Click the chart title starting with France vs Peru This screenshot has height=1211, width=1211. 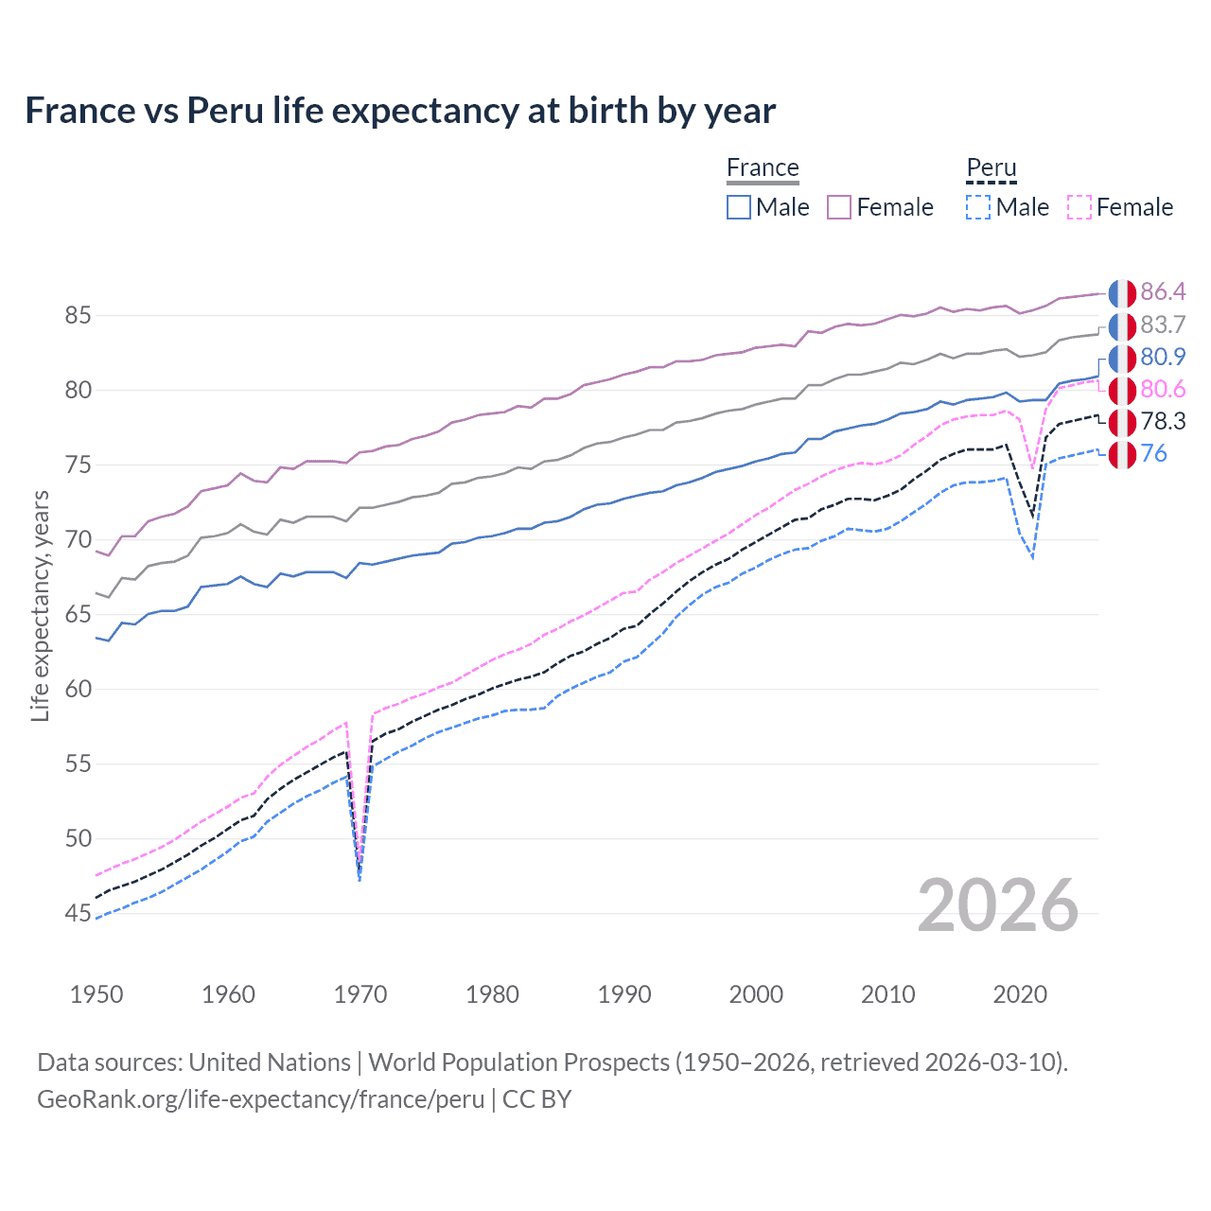click(x=400, y=111)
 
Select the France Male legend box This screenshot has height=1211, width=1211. click(x=739, y=207)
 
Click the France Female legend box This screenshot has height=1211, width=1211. click(x=839, y=207)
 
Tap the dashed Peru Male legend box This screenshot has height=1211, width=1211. click(x=978, y=207)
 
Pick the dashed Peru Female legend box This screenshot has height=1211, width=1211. click(x=1079, y=207)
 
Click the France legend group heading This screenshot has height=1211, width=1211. click(x=763, y=168)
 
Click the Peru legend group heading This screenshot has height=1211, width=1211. click(x=991, y=168)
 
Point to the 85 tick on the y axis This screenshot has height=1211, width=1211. click(x=78, y=315)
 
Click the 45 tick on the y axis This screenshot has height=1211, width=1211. click(x=78, y=913)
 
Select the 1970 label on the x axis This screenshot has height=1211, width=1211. click(x=360, y=994)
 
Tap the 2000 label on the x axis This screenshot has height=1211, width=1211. click(x=756, y=994)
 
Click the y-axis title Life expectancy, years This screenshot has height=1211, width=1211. click(x=41, y=605)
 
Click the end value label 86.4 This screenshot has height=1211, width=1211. click(x=1163, y=291)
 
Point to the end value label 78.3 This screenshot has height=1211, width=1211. click(x=1163, y=421)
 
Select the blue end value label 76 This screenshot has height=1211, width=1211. click(x=1153, y=453)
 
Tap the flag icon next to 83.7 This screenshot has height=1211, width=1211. click(x=1122, y=325)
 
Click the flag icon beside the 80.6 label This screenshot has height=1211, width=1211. click(x=1122, y=390)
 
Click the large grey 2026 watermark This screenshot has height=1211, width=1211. click(x=998, y=905)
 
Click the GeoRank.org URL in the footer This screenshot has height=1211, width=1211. click(x=260, y=1099)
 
